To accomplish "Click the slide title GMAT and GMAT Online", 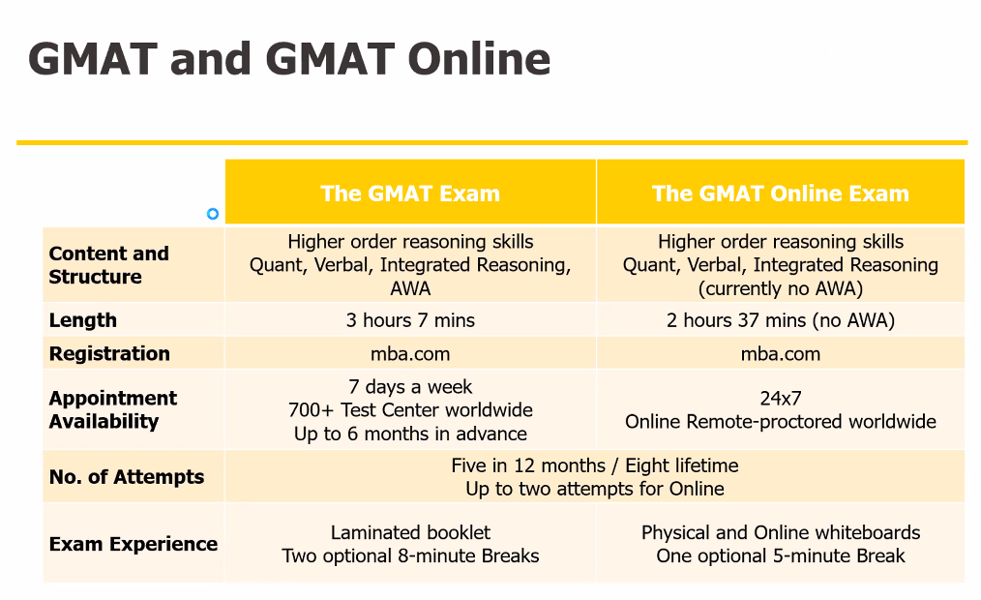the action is pos(289,59).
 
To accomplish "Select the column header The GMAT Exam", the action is pos(410,194).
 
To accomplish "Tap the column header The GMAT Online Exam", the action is pos(780,194).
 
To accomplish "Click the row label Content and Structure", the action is pos(109,264).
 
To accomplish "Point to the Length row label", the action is pos(82,319).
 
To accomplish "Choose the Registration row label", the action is pos(109,353).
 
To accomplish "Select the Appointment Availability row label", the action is pos(112,409).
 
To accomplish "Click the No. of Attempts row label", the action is pos(127,477).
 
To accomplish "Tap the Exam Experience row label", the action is pos(134,544).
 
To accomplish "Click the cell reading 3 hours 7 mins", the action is pos(410,320).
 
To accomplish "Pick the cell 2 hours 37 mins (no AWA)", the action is pos(780,320).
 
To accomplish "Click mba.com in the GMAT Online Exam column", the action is pos(780,354).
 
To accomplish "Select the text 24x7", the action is pos(780,398).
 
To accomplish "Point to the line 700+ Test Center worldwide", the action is pos(410,409).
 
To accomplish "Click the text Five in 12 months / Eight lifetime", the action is pos(594,465).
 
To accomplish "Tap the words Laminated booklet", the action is pos(410,532).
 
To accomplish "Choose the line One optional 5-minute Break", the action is pos(780,555).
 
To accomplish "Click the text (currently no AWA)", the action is pos(780,288).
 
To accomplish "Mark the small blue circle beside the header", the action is pos(213,214).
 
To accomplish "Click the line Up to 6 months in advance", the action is pos(410,434).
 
